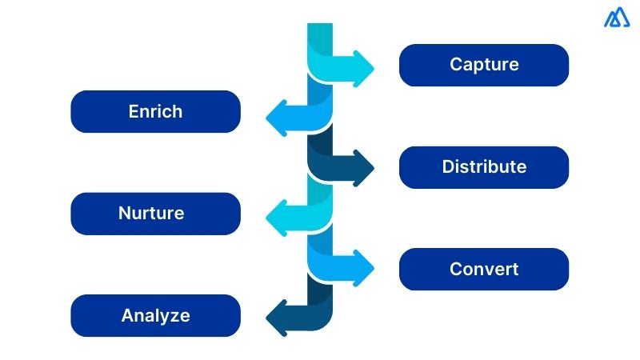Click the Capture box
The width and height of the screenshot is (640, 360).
click(x=483, y=65)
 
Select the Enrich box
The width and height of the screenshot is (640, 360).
click(x=155, y=111)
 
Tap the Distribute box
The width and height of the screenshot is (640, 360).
click(x=483, y=167)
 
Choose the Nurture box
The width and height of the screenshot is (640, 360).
click(x=155, y=214)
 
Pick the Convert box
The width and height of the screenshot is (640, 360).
click(x=483, y=269)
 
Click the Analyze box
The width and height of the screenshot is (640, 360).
click(x=155, y=315)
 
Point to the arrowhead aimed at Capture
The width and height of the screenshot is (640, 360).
click(x=362, y=65)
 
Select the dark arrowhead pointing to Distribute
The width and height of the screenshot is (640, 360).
click(x=362, y=167)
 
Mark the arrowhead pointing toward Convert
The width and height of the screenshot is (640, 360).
click(x=362, y=266)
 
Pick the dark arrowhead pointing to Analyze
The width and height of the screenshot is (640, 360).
click(x=277, y=317)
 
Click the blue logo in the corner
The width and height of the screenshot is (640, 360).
click(x=617, y=18)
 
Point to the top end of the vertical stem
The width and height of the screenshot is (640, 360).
click(x=320, y=27)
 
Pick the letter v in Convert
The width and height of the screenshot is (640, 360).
click(x=490, y=270)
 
